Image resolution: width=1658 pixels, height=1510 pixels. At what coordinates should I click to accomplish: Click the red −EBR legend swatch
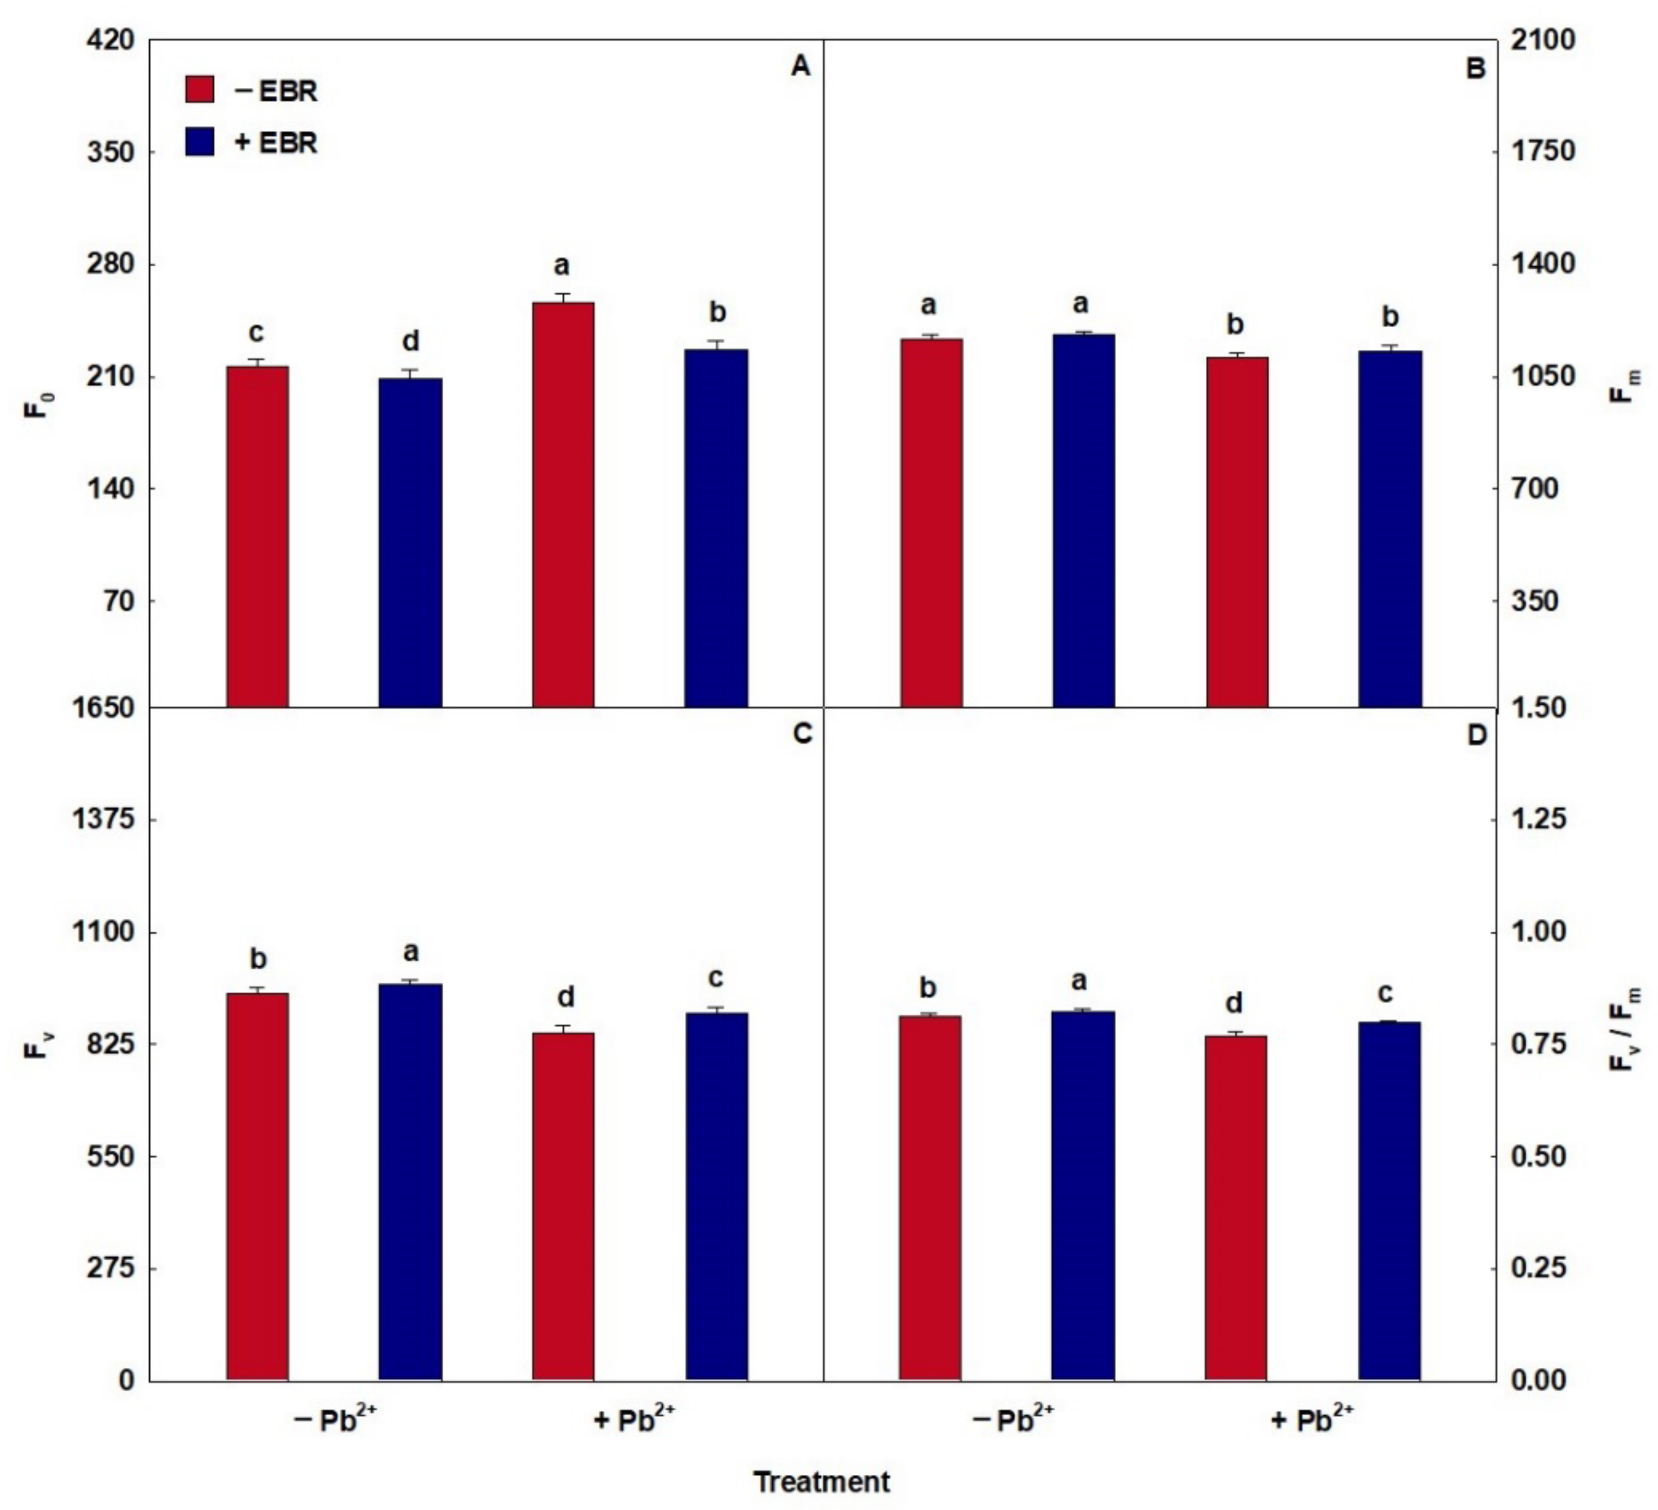(199, 90)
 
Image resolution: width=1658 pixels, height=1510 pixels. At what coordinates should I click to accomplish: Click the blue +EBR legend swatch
(199, 142)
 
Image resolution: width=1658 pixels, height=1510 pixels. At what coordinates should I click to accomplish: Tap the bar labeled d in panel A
(410, 542)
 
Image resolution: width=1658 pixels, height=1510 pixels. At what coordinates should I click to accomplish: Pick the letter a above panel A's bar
(561, 266)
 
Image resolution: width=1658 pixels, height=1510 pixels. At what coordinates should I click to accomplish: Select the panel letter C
(802, 733)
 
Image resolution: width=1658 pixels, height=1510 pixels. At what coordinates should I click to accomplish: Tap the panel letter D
(1477, 736)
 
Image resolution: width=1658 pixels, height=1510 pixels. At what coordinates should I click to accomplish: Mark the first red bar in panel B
(931, 522)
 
